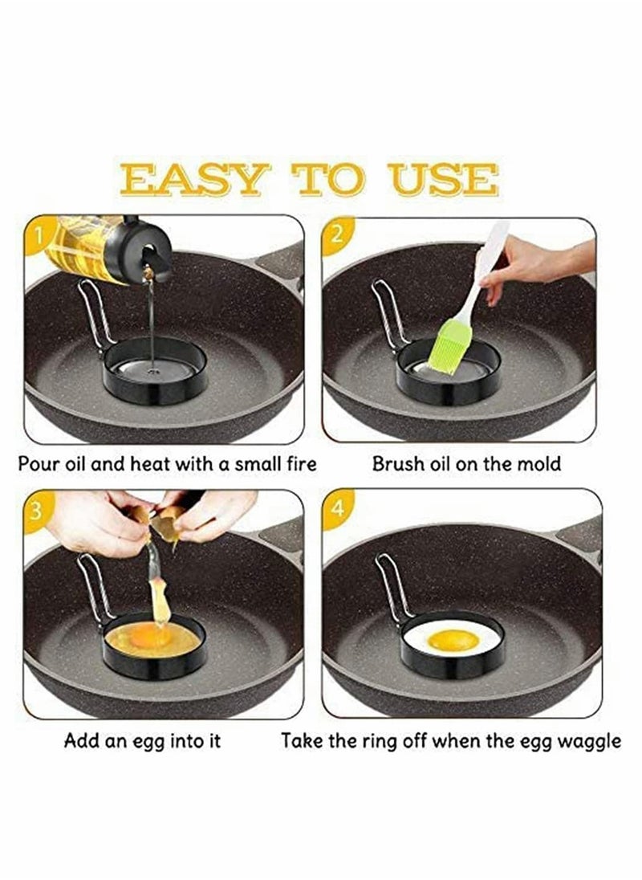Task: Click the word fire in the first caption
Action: [296, 464]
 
